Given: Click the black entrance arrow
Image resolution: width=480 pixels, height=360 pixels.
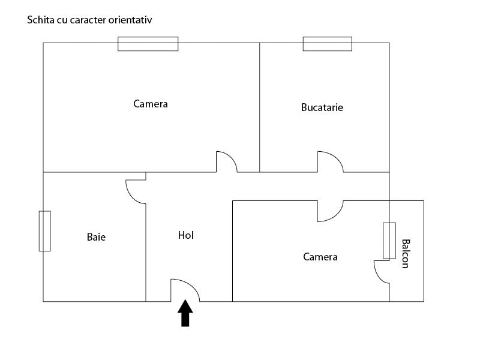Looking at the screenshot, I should tap(185, 314).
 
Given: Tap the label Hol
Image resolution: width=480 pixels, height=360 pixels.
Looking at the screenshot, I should tap(186, 235).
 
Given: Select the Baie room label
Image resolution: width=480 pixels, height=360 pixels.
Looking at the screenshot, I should tap(96, 237).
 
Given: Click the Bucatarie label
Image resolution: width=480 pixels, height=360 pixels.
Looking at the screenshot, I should tap(322, 108).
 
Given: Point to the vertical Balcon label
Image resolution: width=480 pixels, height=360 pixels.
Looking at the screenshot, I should tap(406, 254).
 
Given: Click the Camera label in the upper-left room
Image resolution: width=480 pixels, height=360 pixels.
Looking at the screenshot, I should tap(151, 104).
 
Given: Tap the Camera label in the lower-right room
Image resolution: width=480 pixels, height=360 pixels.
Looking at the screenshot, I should tap(320, 257).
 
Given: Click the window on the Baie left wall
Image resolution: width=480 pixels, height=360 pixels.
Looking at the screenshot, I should tap(44, 231).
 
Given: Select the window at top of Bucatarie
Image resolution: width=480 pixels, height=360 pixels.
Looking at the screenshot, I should tap(327, 44).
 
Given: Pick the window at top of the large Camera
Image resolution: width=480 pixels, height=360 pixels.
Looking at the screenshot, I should tap(148, 44).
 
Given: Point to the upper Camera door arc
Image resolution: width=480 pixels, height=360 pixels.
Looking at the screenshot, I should tap(226, 162).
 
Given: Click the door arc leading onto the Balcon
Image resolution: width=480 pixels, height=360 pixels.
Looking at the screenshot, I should tap(382, 272).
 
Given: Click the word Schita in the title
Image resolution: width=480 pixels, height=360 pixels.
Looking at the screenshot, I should tap(38, 20).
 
